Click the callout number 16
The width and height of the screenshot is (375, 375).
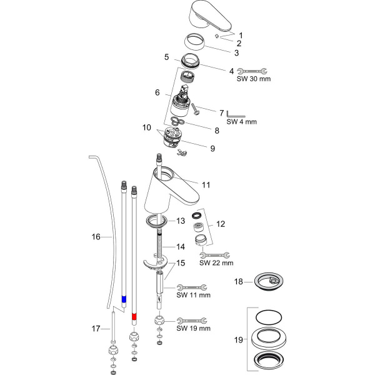pyautogui.click(x=96, y=237)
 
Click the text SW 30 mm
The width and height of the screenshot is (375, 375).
pyautogui.click(x=252, y=79)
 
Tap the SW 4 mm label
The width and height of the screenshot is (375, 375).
pyautogui.click(x=242, y=121)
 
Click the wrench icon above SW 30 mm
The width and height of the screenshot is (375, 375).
pyautogui.click(x=252, y=71)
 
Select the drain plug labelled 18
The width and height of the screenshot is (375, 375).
pyautogui.click(x=269, y=283)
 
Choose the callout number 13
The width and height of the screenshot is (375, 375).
pyautogui.click(x=181, y=221)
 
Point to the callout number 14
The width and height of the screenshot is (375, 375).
pyautogui.click(x=181, y=246)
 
